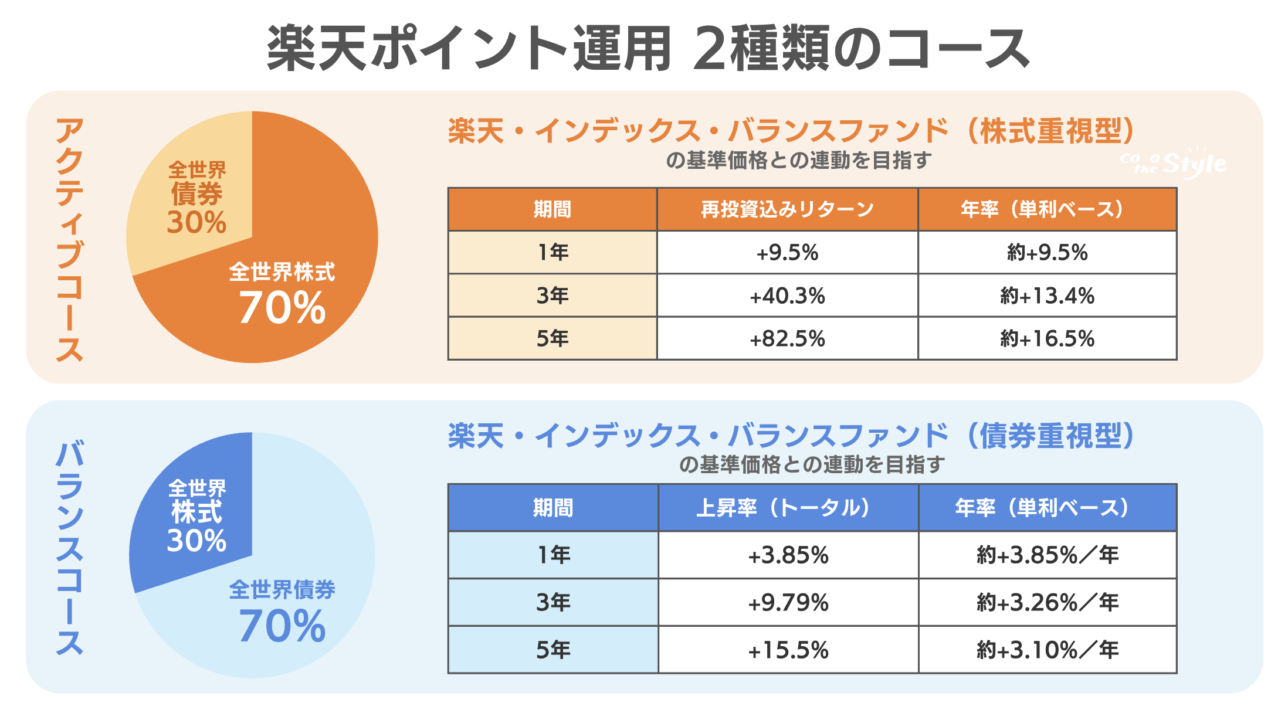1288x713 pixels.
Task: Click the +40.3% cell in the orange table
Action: [x=787, y=296]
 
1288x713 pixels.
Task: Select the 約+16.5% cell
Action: [x=1047, y=338]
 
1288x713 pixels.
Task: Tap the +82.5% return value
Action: [x=787, y=338]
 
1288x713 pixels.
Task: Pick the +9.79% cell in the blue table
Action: [x=788, y=602]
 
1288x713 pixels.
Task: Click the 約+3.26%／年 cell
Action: [x=1047, y=602]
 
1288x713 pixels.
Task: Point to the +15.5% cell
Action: [x=788, y=650]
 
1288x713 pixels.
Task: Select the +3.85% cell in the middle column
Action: [x=788, y=555]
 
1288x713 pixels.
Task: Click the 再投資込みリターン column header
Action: [x=787, y=209]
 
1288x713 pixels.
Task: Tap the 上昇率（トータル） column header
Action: [x=788, y=508]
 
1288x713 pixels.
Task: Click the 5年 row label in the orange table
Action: [x=552, y=338]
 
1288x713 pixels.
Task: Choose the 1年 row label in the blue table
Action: [x=553, y=555]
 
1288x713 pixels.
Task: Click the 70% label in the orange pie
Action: [x=282, y=307]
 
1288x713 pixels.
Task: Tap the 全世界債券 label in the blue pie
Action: [x=282, y=589]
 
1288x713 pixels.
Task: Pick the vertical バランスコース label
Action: [x=69, y=548]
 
